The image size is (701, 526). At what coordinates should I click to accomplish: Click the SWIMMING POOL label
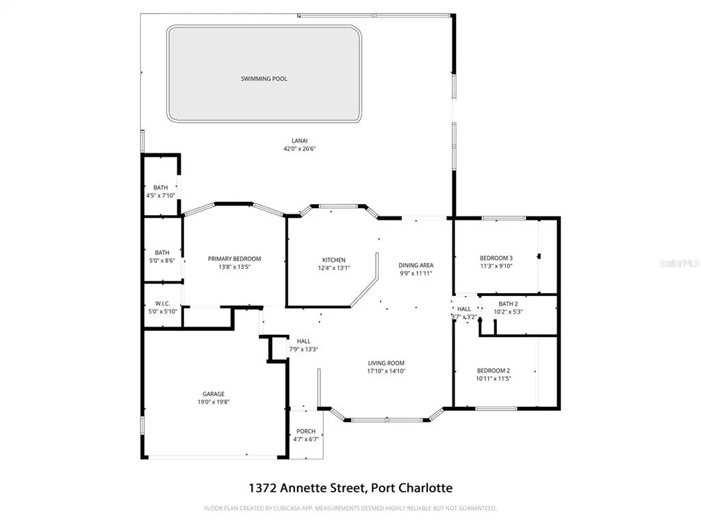tap(264, 79)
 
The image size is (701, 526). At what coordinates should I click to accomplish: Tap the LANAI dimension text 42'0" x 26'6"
tap(300, 149)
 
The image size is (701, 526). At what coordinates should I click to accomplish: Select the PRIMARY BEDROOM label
tap(234, 258)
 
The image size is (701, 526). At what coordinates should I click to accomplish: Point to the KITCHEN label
tap(334, 260)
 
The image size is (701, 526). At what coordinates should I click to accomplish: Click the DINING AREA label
tap(416, 265)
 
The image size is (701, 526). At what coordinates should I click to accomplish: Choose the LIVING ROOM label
tap(386, 363)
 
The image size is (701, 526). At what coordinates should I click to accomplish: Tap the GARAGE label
tap(214, 394)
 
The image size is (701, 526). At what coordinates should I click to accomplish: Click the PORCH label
tap(306, 431)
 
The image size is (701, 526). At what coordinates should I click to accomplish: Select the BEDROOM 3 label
tap(496, 258)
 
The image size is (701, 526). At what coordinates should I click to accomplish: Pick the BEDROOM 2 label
tap(493, 371)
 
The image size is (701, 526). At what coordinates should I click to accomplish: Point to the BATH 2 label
tap(509, 303)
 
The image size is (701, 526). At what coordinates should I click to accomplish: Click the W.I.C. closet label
tap(162, 303)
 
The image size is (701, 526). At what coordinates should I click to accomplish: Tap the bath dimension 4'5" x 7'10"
tap(160, 195)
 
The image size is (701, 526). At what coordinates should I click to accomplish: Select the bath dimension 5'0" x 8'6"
tap(162, 260)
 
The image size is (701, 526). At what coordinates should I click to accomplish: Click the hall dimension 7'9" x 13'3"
tap(303, 349)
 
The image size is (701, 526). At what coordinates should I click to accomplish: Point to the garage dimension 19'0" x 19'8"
tap(214, 402)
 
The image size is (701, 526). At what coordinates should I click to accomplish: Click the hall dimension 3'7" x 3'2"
tap(464, 317)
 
